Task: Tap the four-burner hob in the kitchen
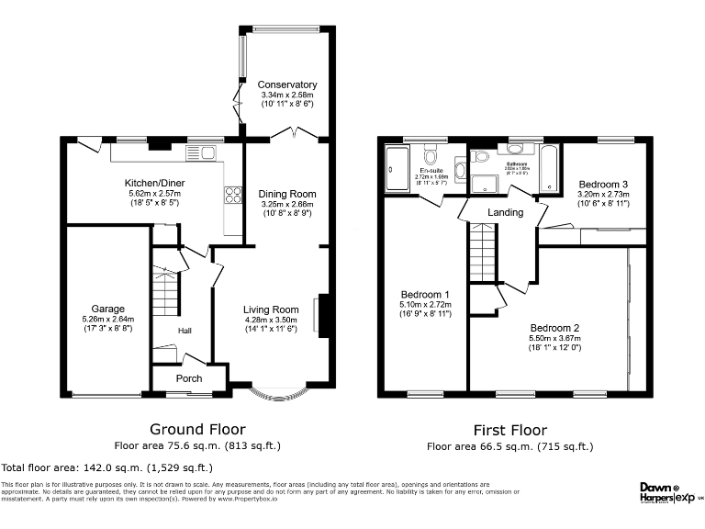click(232, 194)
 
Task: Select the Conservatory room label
click(287, 84)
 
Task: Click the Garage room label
click(107, 309)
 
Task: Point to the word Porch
click(189, 378)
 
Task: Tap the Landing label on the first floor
click(505, 212)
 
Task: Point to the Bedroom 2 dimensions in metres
click(554, 338)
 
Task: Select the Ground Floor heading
click(197, 429)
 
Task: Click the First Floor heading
click(509, 430)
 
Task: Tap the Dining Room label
click(287, 194)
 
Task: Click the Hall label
click(185, 332)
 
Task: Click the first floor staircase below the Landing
click(482, 253)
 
